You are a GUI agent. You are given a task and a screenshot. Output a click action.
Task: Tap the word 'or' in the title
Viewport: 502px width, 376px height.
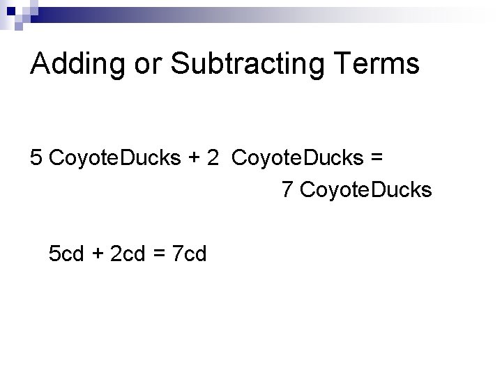coord(139,64)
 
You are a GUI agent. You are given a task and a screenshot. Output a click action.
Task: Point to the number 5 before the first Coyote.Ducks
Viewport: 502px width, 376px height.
coord(37,157)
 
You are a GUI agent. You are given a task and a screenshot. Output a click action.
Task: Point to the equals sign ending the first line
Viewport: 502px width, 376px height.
coord(377,159)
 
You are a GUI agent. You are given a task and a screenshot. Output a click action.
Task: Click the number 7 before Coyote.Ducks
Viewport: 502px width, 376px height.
coord(287,189)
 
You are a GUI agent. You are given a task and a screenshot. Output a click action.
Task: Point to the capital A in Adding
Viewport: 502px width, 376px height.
coord(42,64)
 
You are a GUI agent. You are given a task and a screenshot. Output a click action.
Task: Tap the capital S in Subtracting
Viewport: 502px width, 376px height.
coord(180,64)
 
